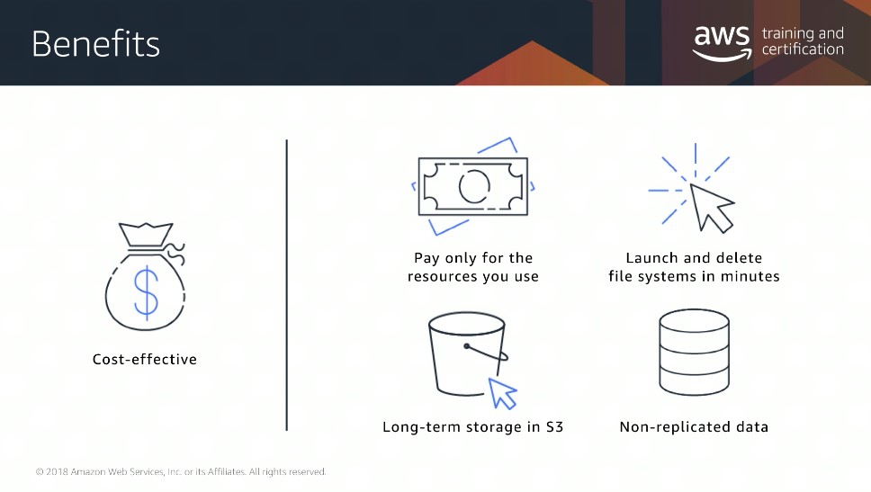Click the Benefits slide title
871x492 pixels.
pyautogui.click(x=95, y=44)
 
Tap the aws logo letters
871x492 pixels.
pyautogui.click(x=722, y=36)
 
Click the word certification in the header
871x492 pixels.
pyautogui.click(x=803, y=49)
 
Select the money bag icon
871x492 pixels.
pyautogui.click(x=146, y=276)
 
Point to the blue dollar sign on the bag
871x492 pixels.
pyautogui.click(x=146, y=292)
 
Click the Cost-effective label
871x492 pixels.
pyautogui.click(x=145, y=359)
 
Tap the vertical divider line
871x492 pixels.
pyautogui.click(x=287, y=285)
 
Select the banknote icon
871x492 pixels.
pyautogui.click(x=473, y=186)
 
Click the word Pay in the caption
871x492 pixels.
pyautogui.click(x=427, y=258)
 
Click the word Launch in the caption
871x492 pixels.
pyautogui.click(x=652, y=257)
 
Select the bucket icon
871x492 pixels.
pyautogui.click(x=467, y=353)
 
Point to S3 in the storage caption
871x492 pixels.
pyautogui.click(x=554, y=426)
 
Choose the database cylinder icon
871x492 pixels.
pyautogui.click(x=694, y=352)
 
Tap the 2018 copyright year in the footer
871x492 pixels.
pyautogui.click(x=57, y=471)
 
